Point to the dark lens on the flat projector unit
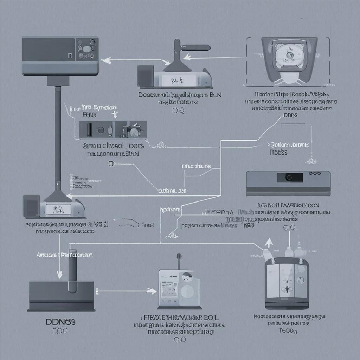(x=290, y=178)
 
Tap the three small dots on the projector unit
(x=316, y=173)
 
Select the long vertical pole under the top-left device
(x=58, y=134)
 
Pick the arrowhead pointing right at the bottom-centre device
(x=152, y=291)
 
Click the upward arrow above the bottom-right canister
(x=269, y=242)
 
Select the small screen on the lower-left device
(x=57, y=210)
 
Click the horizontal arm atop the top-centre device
(x=195, y=47)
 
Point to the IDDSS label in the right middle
(x=278, y=153)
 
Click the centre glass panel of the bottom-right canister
(x=287, y=280)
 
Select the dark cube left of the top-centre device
(x=145, y=76)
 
